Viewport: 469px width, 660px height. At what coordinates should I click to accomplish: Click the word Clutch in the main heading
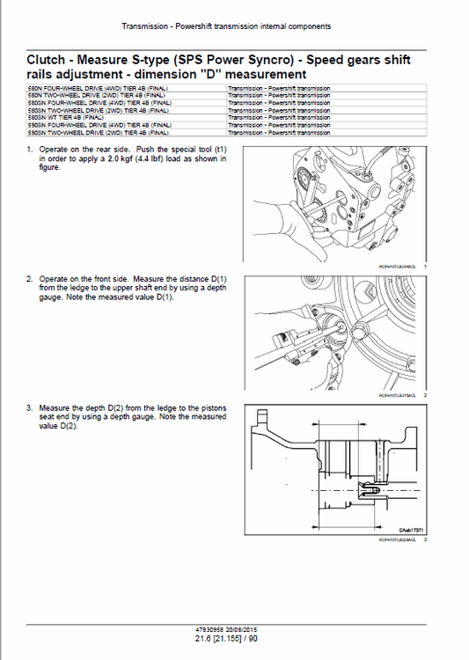tap(47, 60)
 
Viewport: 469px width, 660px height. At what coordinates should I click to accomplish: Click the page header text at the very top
tap(226, 27)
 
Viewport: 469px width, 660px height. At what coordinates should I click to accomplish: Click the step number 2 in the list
tap(29, 279)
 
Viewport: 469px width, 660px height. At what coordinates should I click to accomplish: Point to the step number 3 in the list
tap(29, 408)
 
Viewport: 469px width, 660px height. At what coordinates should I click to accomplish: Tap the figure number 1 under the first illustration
tap(424, 266)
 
